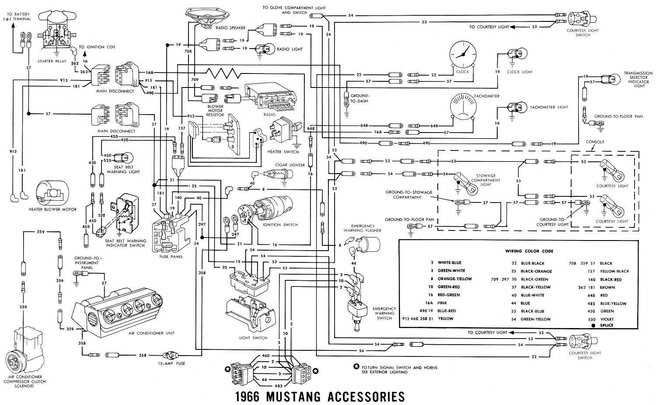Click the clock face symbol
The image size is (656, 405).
pyautogui.click(x=462, y=54)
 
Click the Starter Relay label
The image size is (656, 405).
pyautogui.click(x=52, y=61)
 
